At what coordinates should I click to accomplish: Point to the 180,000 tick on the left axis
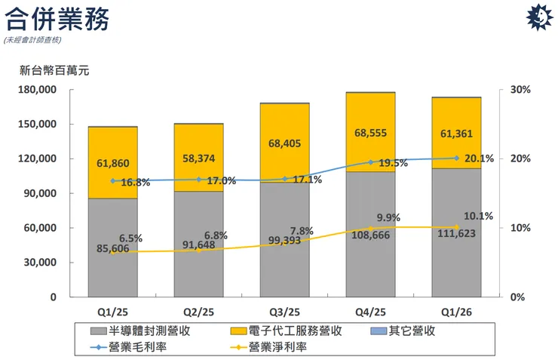coord(38,90)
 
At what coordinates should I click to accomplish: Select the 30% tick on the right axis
coord(520,90)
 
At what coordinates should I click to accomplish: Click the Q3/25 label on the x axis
coord(284,311)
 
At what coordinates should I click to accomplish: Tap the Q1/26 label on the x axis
coord(456,311)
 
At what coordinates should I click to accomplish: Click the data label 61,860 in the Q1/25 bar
coord(113,163)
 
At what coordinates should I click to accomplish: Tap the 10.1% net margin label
coord(478,217)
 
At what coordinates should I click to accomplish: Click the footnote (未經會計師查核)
coord(33,39)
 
